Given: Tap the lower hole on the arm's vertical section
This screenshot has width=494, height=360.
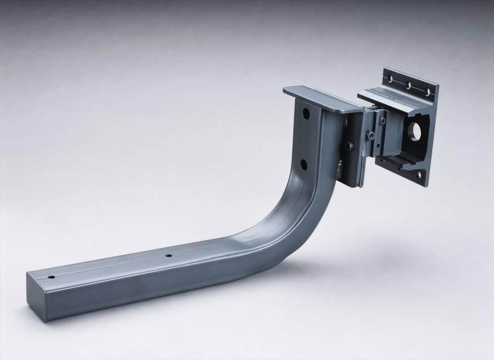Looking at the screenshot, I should (x=303, y=164).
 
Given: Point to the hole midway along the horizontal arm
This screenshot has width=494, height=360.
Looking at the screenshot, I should (x=168, y=256).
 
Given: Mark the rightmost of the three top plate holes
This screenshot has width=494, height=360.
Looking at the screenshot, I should (x=428, y=91).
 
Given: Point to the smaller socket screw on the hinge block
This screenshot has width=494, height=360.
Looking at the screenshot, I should (x=385, y=121).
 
